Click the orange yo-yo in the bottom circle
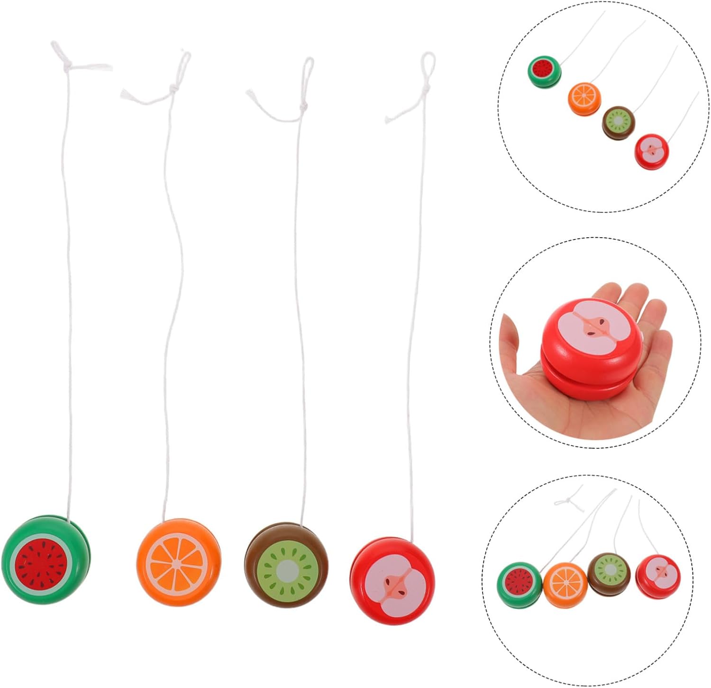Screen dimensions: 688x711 565,584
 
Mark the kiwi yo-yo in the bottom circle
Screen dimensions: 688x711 609,572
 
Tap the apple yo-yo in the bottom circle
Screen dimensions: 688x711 657,575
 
